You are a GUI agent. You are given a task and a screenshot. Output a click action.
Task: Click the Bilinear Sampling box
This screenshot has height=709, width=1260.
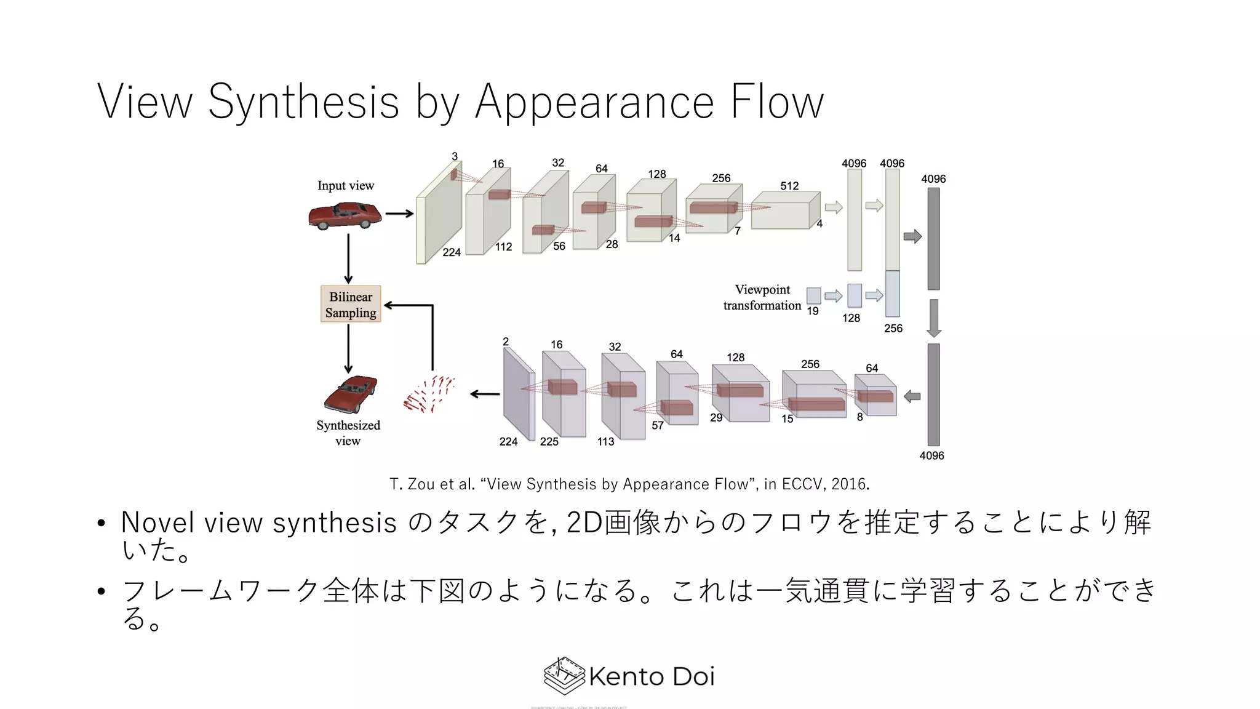click(x=351, y=304)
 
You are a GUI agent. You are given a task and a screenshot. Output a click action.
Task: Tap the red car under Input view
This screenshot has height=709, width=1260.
click(x=345, y=216)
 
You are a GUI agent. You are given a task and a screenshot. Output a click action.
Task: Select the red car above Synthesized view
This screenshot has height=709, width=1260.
click(x=350, y=394)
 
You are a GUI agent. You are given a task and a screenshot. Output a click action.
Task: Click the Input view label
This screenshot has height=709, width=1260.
click(x=345, y=186)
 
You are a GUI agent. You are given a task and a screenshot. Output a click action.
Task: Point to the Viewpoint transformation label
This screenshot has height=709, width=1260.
click(x=762, y=297)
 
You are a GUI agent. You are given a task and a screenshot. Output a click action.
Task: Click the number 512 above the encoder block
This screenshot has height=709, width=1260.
click(x=789, y=186)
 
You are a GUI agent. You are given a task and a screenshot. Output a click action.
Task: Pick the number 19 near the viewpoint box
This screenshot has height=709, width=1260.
click(x=813, y=311)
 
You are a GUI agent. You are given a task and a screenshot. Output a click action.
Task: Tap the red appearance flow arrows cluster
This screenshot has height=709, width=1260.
click(x=429, y=394)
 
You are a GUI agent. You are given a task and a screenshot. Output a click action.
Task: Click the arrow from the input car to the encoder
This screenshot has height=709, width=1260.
click(x=399, y=214)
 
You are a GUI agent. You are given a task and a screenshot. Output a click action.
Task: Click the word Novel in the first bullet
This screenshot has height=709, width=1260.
click(x=158, y=523)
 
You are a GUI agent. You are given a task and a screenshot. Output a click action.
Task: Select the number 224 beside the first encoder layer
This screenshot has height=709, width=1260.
click(x=452, y=252)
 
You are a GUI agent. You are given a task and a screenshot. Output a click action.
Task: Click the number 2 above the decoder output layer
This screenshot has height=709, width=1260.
click(x=506, y=342)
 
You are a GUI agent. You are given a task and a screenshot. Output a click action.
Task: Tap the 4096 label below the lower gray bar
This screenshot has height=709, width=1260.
click(x=931, y=456)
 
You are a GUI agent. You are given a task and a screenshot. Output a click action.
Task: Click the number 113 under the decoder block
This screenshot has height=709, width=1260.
click(x=605, y=442)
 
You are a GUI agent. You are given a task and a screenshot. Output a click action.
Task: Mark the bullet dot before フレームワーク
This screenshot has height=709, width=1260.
click(x=102, y=592)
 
